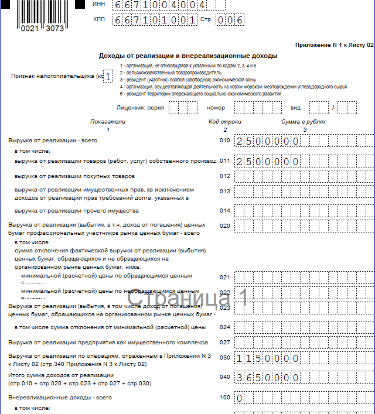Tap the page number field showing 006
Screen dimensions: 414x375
click(x=230, y=20)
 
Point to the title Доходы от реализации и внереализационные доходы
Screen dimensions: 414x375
click(x=187, y=56)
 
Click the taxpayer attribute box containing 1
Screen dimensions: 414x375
click(x=107, y=76)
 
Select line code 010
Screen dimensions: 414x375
click(x=225, y=141)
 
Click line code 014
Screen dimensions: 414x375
click(x=225, y=210)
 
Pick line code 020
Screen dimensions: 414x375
click(x=225, y=225)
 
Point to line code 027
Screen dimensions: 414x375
click(x=225, y=343)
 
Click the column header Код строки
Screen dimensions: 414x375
click(x=225, y=122)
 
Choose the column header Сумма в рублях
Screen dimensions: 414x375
click(x=303, y=122)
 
